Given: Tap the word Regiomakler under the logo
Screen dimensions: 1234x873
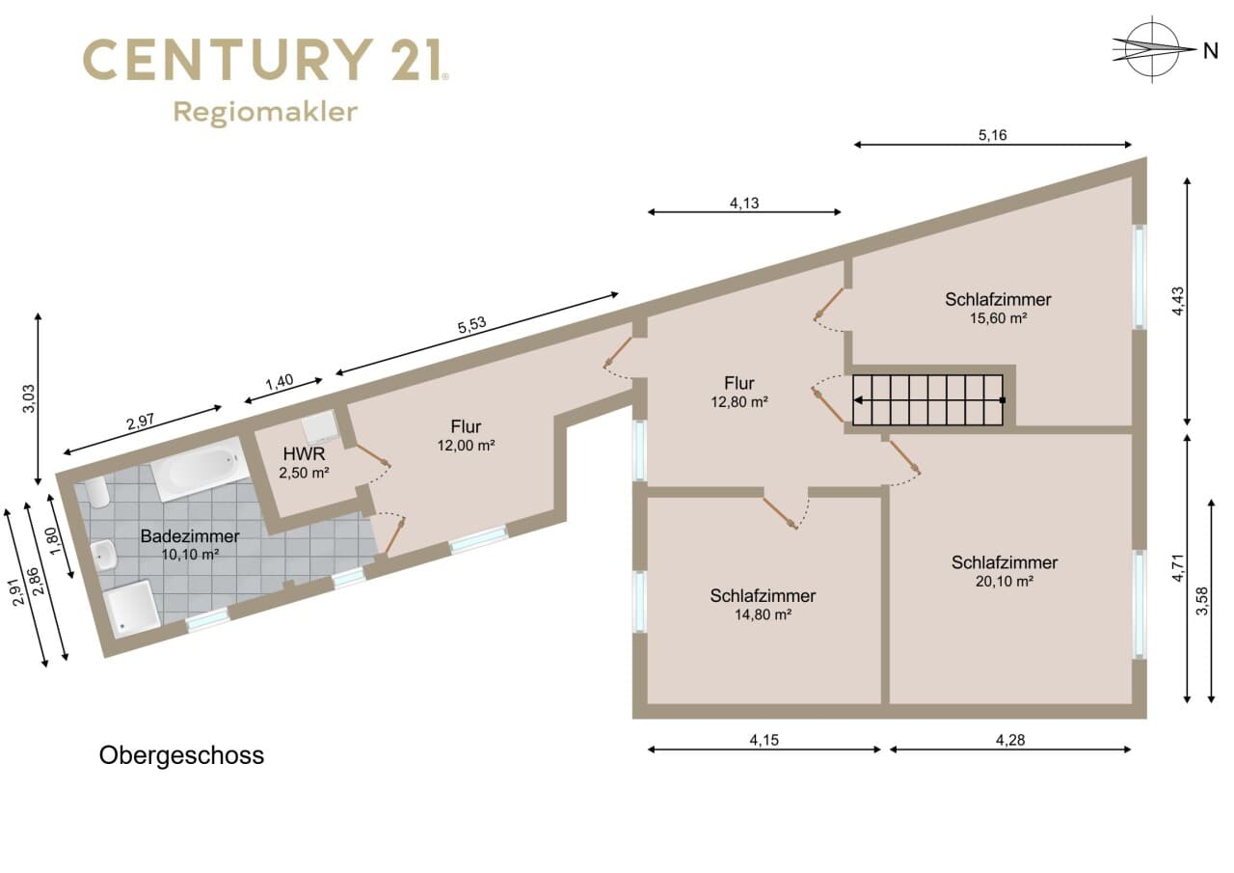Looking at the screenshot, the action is click(x=265, y=113).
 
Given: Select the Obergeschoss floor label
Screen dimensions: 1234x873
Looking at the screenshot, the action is click(x=181, y=756).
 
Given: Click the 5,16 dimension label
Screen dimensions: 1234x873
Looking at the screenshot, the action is click(x=992, y=135).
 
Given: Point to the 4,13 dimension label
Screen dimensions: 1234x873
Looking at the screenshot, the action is click(x=744, y=204).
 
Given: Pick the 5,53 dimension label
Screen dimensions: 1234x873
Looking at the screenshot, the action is click(x=471, y=325).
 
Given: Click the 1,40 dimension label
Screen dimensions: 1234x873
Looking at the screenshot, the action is click(x=280, y=382).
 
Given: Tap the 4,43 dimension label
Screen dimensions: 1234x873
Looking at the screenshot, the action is click(x=1177, y=302).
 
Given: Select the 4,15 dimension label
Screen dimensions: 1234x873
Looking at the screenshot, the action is click(x=765, y=740).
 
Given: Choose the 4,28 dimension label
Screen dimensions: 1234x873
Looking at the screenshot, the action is click(x=1009, y=740).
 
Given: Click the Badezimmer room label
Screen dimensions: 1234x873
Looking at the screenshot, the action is click(x=190, y=536).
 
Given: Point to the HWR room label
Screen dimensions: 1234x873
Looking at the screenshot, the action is click(x=304, y=454).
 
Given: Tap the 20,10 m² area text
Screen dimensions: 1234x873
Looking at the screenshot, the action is click(x=1005, y=582).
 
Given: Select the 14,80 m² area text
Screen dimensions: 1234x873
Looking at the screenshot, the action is click(x=763, y=614).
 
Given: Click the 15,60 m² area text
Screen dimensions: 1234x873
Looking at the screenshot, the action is click(x=998, y=318).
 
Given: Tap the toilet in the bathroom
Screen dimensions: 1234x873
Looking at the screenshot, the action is click(x=97, y=492).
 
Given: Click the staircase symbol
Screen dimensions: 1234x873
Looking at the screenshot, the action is click(x=927, y=400).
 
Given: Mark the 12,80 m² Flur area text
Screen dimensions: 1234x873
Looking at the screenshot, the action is click(x=738, y=402).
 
